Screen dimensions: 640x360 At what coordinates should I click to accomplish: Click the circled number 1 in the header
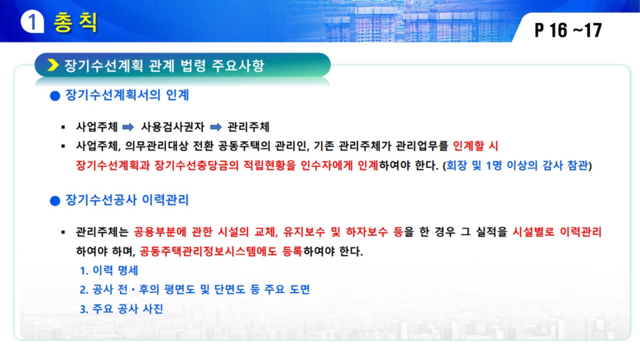(32, 22)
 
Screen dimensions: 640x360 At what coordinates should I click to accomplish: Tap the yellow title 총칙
(76, 22)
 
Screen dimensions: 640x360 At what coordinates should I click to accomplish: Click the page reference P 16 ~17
(568, 30)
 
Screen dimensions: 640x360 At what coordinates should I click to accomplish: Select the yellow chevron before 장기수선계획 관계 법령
(53, 65)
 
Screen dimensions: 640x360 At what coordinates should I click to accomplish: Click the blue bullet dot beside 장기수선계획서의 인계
(55, 96)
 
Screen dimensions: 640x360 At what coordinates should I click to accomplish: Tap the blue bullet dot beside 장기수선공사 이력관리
(55, 201)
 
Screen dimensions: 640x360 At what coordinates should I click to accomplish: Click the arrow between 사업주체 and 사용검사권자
(128, 127)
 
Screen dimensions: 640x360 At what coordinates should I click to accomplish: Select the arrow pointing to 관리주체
(216, 127)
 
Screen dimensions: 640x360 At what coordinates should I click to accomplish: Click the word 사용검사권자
(172, 127)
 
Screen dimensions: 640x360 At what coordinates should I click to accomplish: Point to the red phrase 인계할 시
(476, 146)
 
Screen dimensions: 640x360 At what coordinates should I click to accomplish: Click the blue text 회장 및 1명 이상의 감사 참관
(517, 165)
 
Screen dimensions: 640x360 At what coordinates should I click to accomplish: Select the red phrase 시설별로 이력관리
(557, 232)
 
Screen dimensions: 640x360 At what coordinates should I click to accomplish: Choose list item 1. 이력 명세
(109, 270)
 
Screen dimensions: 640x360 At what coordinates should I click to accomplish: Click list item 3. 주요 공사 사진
(121, 309)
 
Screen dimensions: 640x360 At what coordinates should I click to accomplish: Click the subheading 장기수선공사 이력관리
(127, 200)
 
